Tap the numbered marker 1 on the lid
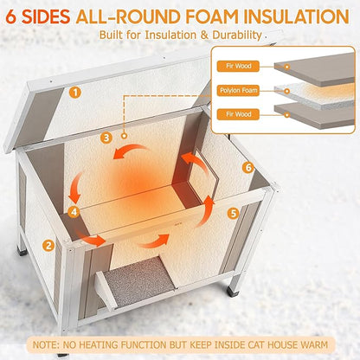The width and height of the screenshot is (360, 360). coord(77,91)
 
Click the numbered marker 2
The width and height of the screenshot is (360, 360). coord(49,245)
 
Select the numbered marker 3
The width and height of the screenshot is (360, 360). coord(106,137)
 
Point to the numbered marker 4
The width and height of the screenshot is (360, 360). coord(75,211)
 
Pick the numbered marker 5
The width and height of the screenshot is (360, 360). coord(232,211)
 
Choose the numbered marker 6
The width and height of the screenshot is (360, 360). coord(247,167)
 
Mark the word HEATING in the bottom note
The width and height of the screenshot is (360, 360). coord(129,343)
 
